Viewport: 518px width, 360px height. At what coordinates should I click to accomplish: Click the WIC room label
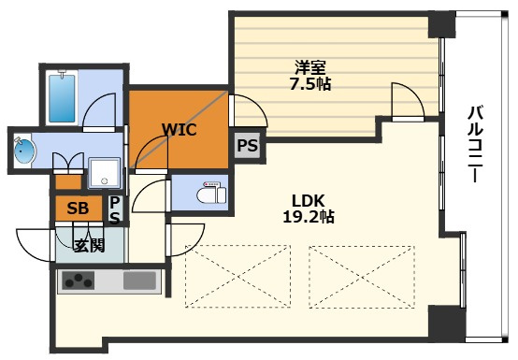tap(180, 129)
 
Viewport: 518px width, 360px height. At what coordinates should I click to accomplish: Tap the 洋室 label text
tap(310, 67)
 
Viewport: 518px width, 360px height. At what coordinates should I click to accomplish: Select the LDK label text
tap(309, 201)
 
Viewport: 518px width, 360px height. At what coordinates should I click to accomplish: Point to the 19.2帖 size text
tap(309, 217)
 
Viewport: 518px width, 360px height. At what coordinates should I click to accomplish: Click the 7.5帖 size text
tap(310, 84)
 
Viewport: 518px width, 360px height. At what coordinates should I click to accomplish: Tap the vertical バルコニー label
tap(475, 143)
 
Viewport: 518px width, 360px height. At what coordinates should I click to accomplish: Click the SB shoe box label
tap(78, 209)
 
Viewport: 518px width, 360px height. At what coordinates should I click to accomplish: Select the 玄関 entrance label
tap(89, 245)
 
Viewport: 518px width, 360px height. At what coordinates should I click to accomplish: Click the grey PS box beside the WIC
tap(248, 145)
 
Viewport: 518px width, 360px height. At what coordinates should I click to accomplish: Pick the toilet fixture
tap(211, 193)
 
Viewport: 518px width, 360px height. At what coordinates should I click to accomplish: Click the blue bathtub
tap(62, 98)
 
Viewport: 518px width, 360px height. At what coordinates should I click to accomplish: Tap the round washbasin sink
tap(24, 151)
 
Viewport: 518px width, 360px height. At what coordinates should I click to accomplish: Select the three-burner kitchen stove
tap(79, 281)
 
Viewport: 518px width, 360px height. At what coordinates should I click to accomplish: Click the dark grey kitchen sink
tap(139, 281)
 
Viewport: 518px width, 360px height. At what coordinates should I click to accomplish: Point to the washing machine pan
tap(105, 173)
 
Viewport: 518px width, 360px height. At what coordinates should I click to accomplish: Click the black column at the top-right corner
tap(441, 24)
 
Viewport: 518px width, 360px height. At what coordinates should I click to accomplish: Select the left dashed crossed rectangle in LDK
tap(237, 277)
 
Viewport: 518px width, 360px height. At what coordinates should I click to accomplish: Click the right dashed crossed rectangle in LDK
tap(362, 277)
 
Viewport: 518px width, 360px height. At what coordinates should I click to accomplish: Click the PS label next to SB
tap(115, 210)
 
